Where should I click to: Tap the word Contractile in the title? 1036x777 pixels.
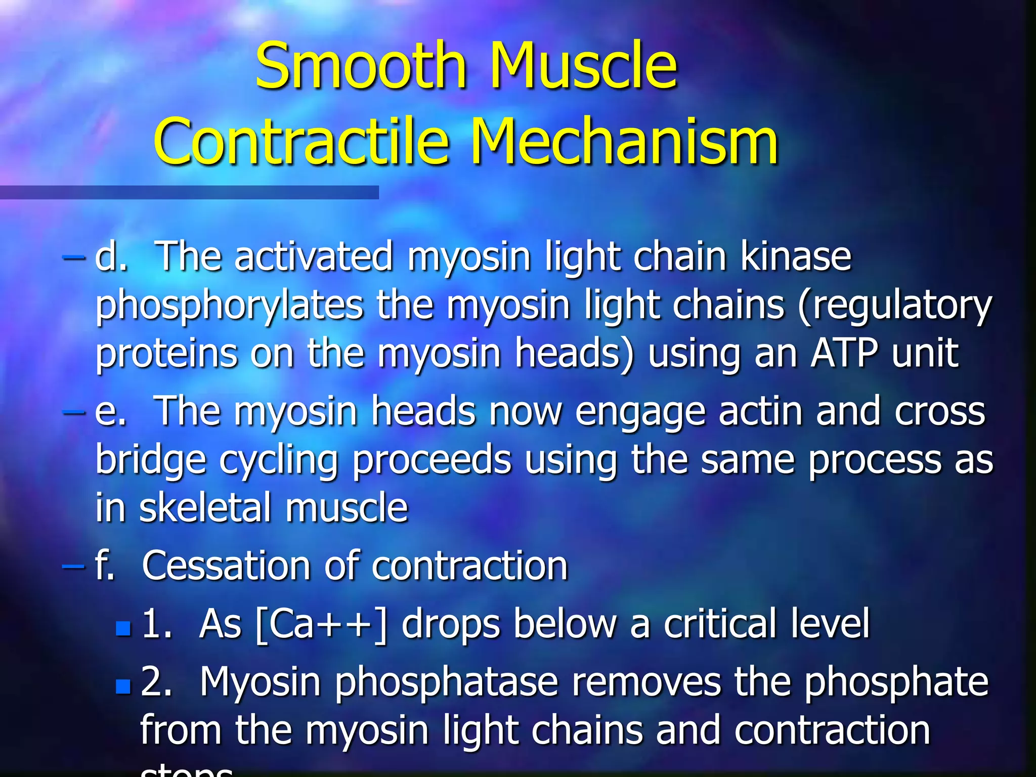coord(301,142)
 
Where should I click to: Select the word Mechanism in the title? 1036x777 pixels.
coord(624,142)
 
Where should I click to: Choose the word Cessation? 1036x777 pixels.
coord(226,565)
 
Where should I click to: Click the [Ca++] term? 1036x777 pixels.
coord(322,624)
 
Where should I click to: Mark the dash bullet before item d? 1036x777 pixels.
coord(73,257)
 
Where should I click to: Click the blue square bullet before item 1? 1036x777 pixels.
coord(123,628)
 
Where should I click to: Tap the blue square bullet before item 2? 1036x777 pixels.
coord(123,686)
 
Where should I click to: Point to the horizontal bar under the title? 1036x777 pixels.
coord(189,192)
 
